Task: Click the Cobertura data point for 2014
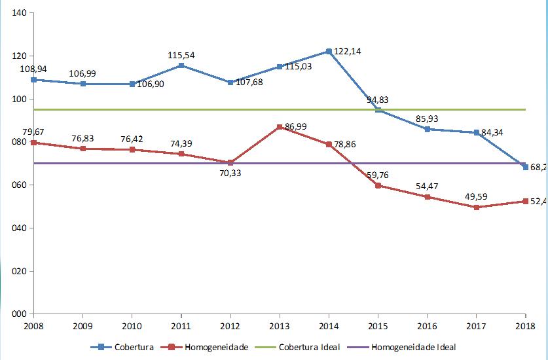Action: pyautogui.click(x=329, y=51)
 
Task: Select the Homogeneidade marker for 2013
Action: pyautogui.click(x=280, y=127)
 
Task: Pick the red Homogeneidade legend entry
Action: pyautogui.click(x=210, y=348)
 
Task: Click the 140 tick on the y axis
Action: pyautogui.click(x=18, y=14)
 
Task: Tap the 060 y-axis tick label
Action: pyautogui.click(x=18, y=185)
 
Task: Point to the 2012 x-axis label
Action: pyautogui.click(x=230, y=325)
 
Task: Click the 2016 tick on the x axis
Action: pyautogui.click(x=427, y=325)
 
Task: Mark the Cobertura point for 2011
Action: pyautogui.click(x=181, y=65)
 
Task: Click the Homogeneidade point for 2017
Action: pyautogui.click(x=476, y=207)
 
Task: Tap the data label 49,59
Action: pyautogui.click(x=475, y=196)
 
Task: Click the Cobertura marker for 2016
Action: pyautogui.click(x=427, y=129)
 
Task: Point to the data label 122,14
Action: pyautogui.click(x=347, y=51)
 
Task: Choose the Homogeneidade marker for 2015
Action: pyautogui.click(x=378, y=185)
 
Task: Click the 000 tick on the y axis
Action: pyautogui.click(x=18, y=314)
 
